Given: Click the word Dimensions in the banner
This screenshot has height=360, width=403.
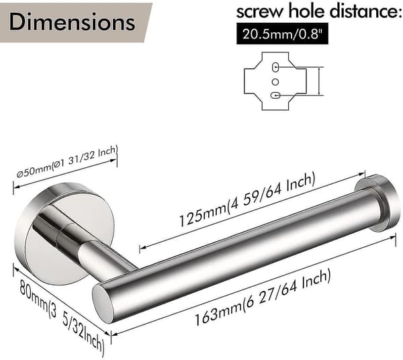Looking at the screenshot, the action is click(x=72, y=22).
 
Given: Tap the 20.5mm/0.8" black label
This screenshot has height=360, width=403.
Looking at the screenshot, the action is click(x=282, y=34).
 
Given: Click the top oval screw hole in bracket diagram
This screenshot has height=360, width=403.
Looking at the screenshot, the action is click(x=275, y=66).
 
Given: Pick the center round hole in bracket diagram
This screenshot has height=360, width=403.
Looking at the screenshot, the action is click(x=275, y=82).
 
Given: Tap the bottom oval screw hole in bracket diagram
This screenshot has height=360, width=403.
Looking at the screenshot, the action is click(x=275, y=95).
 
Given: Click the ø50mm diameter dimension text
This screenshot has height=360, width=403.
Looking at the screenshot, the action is click(x=66, y=162).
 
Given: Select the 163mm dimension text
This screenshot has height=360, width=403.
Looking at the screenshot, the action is click(x=262, y=298).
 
